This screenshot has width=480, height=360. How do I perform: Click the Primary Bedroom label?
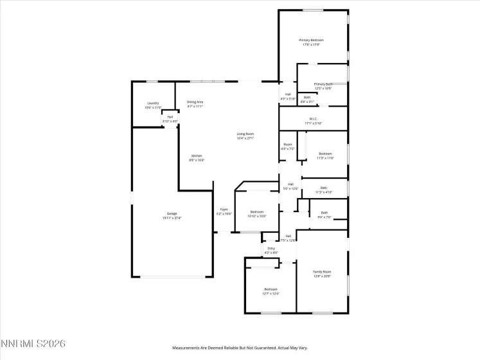click(x=310, y=40)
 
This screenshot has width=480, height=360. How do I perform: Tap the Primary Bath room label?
click(x=323, y=84)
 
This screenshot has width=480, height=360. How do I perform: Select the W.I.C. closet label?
click(x=314, y=119)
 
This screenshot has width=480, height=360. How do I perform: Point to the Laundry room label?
click(x=153, y=103)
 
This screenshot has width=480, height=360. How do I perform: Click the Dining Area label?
click(x=195, y=102)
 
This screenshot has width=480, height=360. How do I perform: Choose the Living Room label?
click(x=245, y=134)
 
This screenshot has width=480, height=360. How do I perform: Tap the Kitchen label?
click(x=197, y=156)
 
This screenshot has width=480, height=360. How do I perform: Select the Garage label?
click(x=172, y=213)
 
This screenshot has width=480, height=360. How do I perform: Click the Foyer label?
click(x=224, y=209)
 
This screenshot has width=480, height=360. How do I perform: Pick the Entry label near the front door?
click(x=271, y=249)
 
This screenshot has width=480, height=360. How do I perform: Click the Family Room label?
click(x=322, y=272)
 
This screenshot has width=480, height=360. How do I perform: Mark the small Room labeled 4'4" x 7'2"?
click(x=288, y=145)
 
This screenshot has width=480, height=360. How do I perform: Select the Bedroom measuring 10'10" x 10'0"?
click(x=257, y=212)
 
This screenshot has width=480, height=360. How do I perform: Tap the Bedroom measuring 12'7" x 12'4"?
click(x=271, y=289)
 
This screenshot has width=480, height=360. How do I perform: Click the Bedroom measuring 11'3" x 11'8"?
click(x=326, y=153)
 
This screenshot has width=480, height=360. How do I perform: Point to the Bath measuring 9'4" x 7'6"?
click(x=324, y=213)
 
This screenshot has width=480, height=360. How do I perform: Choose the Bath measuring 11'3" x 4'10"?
click(x=324, y=188)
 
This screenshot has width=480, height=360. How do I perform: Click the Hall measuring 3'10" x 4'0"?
click(x=170, y=117)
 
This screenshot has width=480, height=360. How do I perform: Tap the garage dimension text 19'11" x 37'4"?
click(x=172, y=218)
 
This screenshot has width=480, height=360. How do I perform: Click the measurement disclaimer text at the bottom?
click(x=240, y=348)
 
